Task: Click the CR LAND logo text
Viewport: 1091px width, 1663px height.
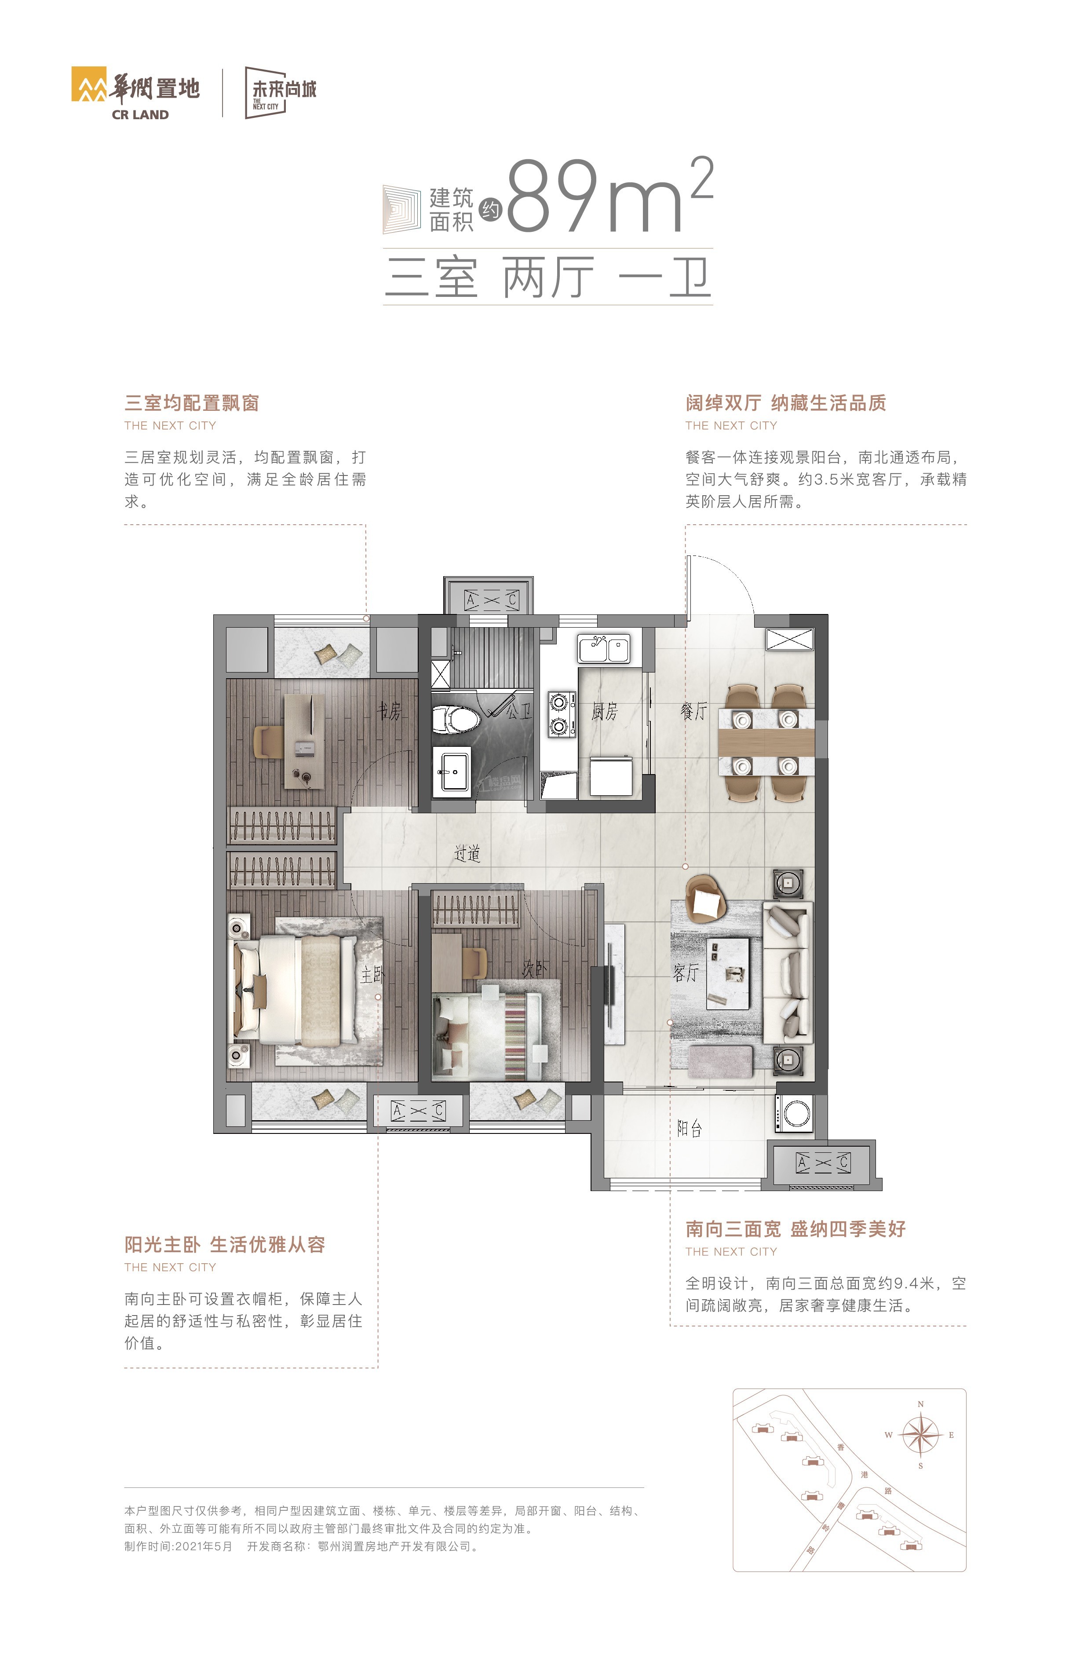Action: click(140, 115)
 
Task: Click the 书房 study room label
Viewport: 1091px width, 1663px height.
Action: click(389, 711)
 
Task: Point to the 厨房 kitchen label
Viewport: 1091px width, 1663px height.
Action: click(605, 711)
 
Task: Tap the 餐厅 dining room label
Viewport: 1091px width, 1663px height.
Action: click(693, 711)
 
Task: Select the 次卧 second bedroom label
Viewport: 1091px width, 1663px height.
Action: click(535, 969)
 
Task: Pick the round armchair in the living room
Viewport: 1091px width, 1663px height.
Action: click(706, 901)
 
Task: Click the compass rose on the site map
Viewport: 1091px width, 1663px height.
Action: click(920, 1435)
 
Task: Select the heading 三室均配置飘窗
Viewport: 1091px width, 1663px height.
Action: click(192, 403)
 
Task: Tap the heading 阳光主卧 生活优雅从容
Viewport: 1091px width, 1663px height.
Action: click(225, 1244)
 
